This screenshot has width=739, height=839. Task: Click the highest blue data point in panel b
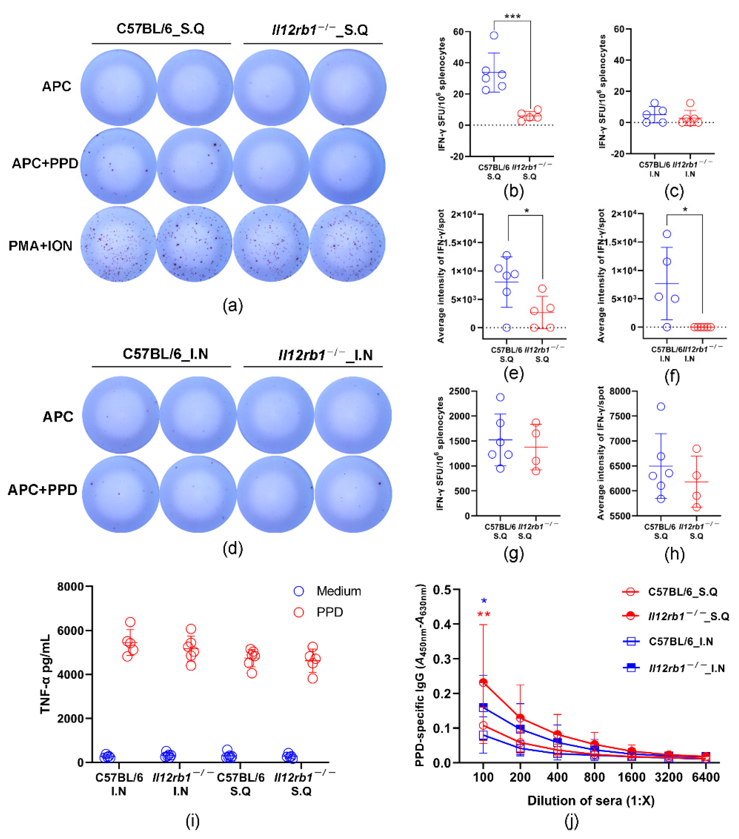click(x=494, y=36)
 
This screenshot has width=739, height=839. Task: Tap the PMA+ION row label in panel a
click(x=41, y=246)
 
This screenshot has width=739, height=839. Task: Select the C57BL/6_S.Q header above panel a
click(x=161, y=29)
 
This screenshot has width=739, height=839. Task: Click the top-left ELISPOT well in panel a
click(x=119, y=87)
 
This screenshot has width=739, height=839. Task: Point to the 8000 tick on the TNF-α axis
click(x=70, y=587)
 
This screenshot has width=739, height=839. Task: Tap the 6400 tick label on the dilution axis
click(x=705, y=777)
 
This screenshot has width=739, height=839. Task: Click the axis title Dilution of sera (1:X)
click(x=591, y=801)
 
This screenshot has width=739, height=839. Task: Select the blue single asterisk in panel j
click(x=484, y=601)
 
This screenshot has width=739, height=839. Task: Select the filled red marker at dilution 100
click(x=483, y=682)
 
